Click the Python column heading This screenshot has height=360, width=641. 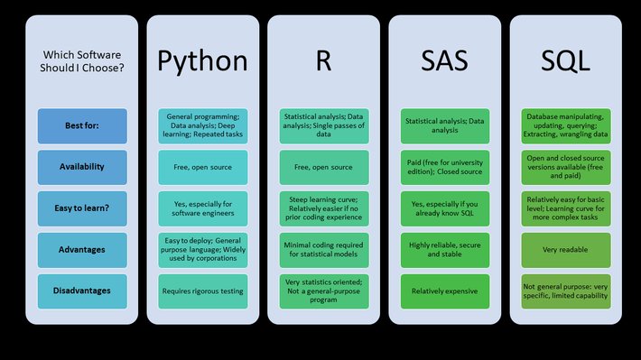(x=202, y=61)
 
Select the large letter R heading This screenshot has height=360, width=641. (x=322, y=61)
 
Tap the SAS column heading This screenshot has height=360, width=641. (x=443, y=61)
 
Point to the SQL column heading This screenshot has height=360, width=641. (x=566, y=61)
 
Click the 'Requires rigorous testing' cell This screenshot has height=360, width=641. (x=202, y=291)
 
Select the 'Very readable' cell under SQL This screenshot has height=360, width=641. (x=566, y=250)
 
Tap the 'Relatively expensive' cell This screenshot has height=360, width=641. (x=443, y=291)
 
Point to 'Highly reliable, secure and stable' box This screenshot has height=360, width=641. (x=443, y=250)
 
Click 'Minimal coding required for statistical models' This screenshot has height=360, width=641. (x=322, y=250)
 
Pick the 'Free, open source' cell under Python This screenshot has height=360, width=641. (x=202, y=167)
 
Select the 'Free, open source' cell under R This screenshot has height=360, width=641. (x=322, y=167)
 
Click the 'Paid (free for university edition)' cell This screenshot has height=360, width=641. (x=443, y=167)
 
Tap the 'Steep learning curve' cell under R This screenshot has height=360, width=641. (x=322, y=208)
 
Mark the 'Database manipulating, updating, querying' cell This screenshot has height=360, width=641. (x=566, y=125)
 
